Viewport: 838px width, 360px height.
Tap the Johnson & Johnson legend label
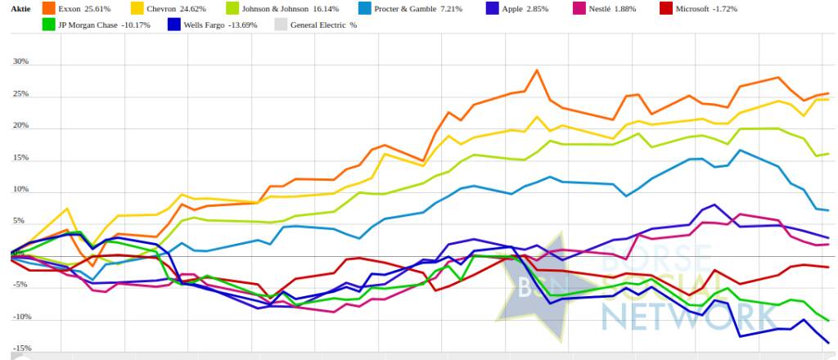(291, 8)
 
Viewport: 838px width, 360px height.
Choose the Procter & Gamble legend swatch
(367, 8)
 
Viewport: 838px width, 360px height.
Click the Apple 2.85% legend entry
(517, 8)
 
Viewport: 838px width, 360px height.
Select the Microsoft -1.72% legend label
(706, 8)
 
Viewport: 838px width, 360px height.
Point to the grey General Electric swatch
(279, 25)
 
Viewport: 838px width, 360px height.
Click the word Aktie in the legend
(20, 8)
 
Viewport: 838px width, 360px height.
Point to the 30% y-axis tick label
(20, 61)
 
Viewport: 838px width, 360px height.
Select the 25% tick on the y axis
(20, 93)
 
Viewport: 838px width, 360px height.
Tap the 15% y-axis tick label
(20, 158)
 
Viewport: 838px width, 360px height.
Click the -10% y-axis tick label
(20, 317)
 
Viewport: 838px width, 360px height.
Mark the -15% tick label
(20, 349)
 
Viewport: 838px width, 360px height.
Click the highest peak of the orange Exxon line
(537, 70)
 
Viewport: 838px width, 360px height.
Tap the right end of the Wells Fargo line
(828, 342)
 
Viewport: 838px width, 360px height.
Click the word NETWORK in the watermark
(688, 315)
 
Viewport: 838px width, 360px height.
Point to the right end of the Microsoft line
(828, 267)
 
